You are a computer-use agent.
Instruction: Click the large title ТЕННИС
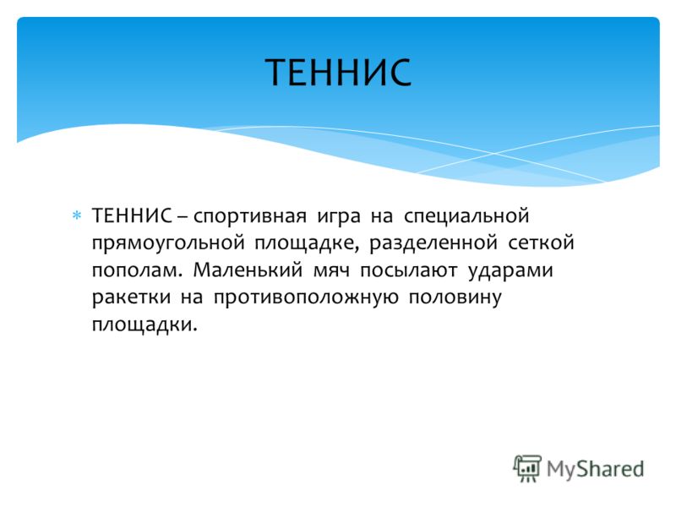coord(338,72)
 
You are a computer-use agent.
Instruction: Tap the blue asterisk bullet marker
coord(77,215)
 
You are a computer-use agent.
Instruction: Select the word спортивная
coord(250,216)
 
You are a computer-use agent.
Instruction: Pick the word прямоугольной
coord(168,243)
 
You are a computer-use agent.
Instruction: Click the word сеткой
coord(542,243)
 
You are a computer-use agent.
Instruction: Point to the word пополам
coord(134,270)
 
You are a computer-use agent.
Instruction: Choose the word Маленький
coord(248,270)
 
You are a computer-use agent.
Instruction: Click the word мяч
coord(331,270)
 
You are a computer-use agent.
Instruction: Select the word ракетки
coord(131,298)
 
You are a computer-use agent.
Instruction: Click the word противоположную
coord(306,298)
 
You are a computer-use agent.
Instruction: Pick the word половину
coord(455,298)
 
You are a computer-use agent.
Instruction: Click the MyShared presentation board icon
coord(527,468)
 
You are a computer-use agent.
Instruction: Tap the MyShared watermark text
coord(596,470)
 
